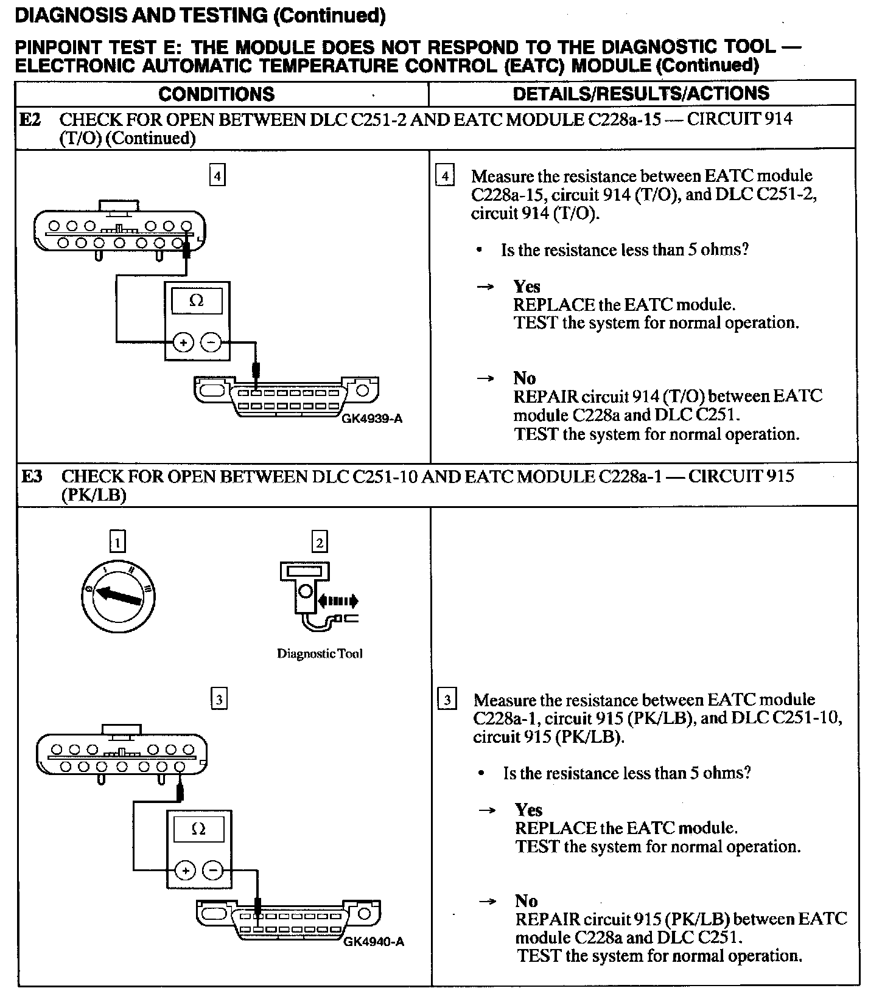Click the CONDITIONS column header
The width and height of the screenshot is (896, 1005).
216,94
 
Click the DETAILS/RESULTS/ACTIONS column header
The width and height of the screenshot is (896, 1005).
641,94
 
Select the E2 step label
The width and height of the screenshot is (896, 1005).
30,119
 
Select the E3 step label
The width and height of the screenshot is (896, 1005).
32,476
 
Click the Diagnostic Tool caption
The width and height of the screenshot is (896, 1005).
320,654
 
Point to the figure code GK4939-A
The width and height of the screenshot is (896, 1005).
372,419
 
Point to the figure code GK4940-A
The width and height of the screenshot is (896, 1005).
374,942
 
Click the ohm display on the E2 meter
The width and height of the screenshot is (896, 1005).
197,301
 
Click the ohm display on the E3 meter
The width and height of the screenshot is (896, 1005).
198,829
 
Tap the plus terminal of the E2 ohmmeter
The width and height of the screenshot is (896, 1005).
183,343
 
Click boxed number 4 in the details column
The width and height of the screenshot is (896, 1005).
446,176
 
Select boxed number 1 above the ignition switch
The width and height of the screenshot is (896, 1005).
117,541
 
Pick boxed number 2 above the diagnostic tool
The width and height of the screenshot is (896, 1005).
319,541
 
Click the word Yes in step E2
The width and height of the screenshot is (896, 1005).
527,287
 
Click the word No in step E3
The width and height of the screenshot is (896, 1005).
526,901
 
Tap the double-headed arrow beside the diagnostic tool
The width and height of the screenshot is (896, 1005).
338,602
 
